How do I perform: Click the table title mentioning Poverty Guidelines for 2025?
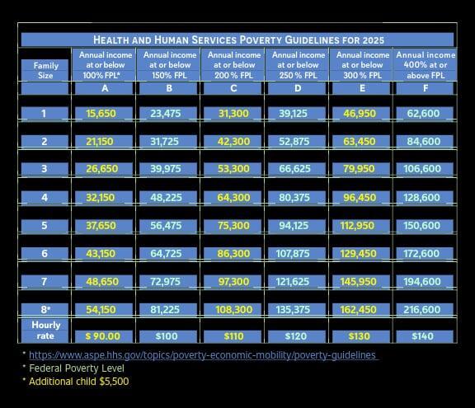coord(238,40)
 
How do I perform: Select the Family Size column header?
coord(45,71)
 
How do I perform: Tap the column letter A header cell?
coord(105,88)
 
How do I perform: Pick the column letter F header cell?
coord(426,88)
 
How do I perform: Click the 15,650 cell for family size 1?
coord(101,114)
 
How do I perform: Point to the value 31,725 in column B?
coord(164,141)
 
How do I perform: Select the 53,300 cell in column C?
coord(233,169)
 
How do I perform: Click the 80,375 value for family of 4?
coord(294,197)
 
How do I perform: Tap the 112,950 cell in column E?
coord(357,226)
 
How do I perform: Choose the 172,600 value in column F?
coord(421,253)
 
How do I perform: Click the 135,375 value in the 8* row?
coord(293,309)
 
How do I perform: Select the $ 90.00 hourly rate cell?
coord(103,336)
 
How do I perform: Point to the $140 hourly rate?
coord(422,336)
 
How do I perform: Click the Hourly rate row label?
coord(45,331)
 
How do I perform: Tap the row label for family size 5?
coord(45,226)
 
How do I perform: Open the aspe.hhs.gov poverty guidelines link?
coord(202,354)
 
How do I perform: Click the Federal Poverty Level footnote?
coord(77,368)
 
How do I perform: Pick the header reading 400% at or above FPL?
coord(426,65)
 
